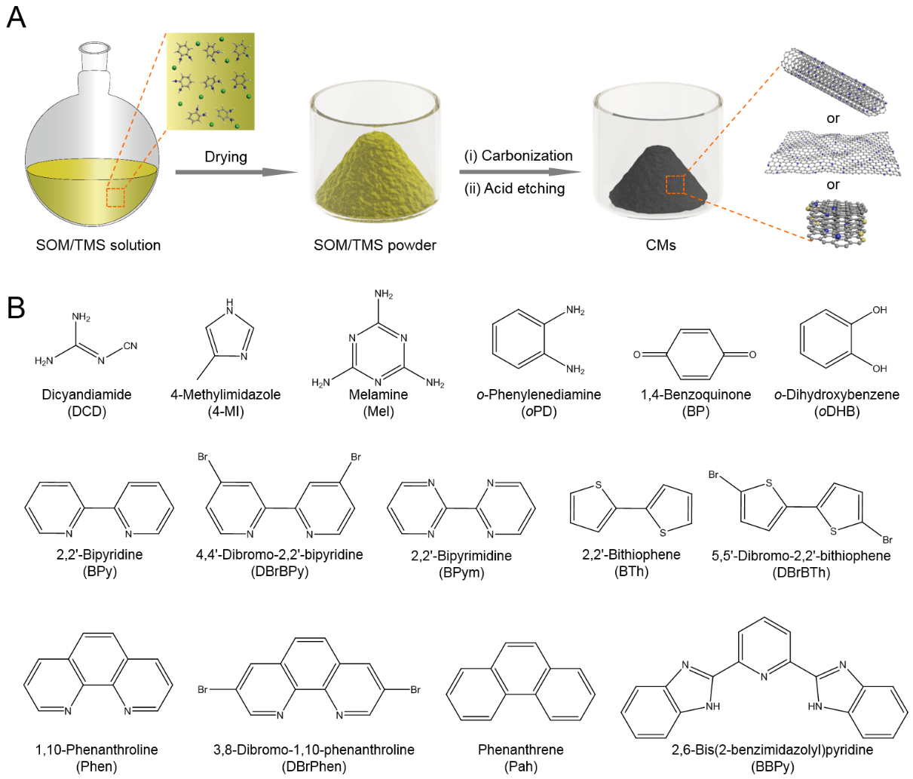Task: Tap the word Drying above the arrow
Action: point(225,157)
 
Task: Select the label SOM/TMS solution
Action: point(98,245)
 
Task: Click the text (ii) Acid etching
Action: point(514,189)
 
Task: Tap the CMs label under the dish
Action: point(660,245)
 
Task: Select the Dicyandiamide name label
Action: point(87,394)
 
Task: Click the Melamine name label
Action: point(378,394)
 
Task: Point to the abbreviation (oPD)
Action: point(538,412)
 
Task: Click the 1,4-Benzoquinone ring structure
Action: point(694,354)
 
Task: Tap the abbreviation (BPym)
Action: point(461,572)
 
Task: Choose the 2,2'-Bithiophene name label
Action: point(631,555)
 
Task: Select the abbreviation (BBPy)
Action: point(772,767)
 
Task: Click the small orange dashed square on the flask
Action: point(115,197)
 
